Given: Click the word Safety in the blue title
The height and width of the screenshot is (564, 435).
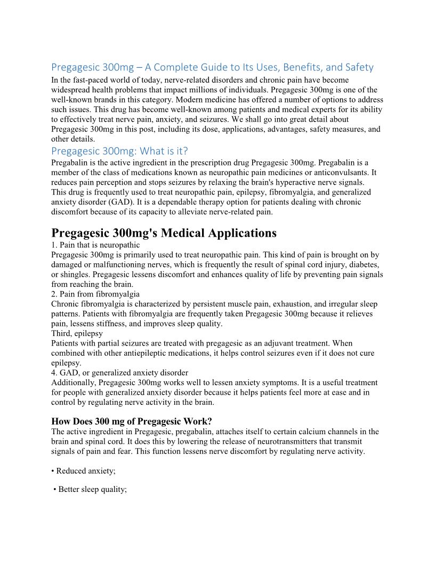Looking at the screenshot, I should pos(358,67).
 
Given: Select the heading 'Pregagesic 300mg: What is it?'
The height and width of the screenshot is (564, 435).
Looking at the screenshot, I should pos(119,151).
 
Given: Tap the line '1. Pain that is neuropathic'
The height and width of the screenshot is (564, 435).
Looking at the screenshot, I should pos(95,245).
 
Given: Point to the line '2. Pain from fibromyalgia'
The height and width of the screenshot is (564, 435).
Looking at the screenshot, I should pos(95,294).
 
